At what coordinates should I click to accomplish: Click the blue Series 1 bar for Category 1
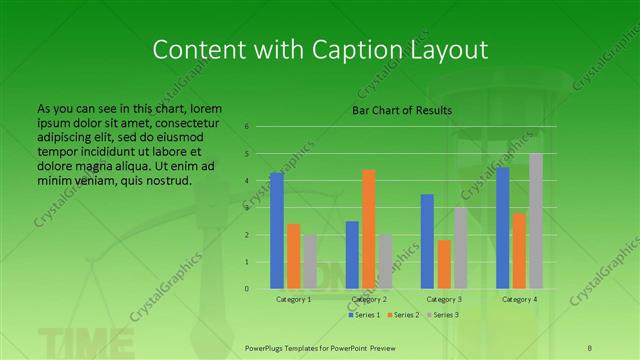pyautogui.click(x=277, y=231)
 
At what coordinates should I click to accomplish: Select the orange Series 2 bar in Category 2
pyautogui.click(x=369, y=229)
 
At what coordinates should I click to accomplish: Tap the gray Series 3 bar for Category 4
pyautogui.click(x=536, y=221)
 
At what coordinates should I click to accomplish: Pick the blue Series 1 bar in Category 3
pyautogui.click(x=427, y=241)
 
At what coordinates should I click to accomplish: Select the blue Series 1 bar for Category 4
pyautogui.click(x=503, y=228)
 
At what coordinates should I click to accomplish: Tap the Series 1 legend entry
pyautogui.click(x=363, y=315)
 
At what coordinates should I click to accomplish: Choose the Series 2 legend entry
pyautogui.click(x=402, y=315)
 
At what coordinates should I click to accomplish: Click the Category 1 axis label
pyautogui.click(x=293, y=299)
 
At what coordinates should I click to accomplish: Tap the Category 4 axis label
pyautogui.click(x=519, y=299)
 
